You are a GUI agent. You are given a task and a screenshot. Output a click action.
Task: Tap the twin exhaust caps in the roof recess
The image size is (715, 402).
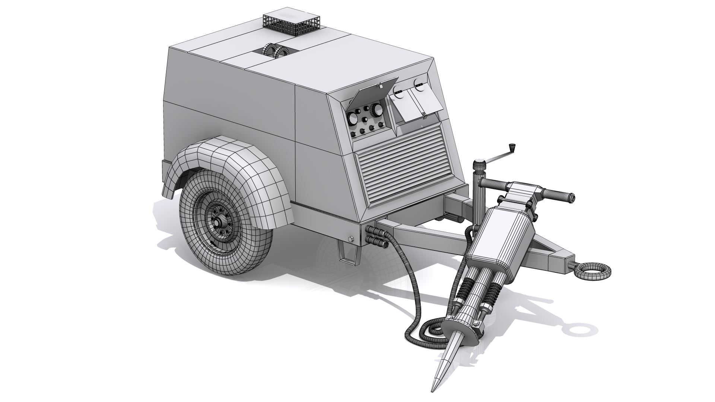coord(275,52)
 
